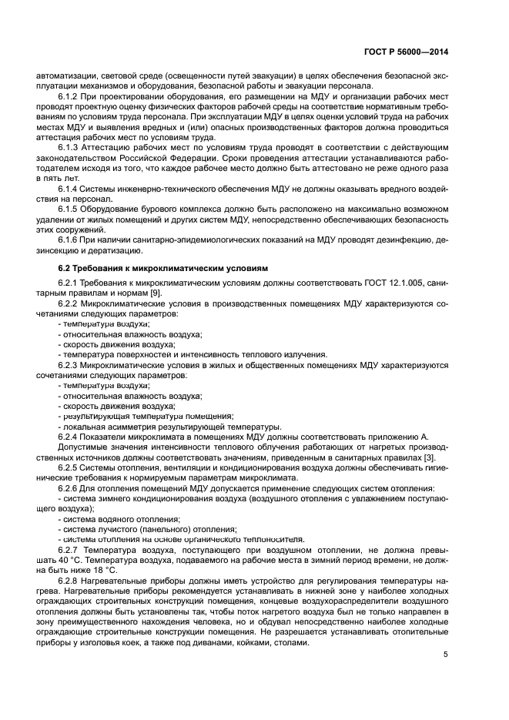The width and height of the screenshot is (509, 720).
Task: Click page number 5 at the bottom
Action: (x=446, y=655)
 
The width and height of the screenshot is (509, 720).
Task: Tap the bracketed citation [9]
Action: (x=155, y=293)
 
